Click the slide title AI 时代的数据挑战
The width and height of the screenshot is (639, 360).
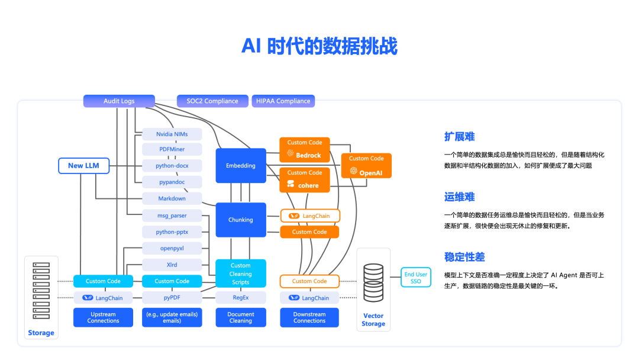point(319,46)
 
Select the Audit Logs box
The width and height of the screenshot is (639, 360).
point(119,101)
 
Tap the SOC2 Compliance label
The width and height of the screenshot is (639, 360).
point(212,101)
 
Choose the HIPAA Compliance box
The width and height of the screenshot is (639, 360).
point(283,101)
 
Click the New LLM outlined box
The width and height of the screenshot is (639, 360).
point(83,166)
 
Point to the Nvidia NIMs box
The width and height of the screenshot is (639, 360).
point(172,134)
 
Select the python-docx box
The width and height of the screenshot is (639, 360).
point(172,166)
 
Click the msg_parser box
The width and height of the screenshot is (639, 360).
point(172,216)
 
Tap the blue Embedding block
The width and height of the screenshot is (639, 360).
point(240,166)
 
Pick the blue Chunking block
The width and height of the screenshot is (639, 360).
point(240,220)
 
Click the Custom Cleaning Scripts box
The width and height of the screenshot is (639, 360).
point(240,274)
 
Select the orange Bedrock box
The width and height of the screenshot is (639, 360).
point(305,149)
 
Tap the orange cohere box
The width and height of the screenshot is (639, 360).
point(305,179)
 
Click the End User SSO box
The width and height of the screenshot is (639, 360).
point(416,278)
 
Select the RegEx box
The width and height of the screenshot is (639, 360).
point(240,298)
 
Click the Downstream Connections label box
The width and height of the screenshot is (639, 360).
point(309,317)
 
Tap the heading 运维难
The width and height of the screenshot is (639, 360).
point(459,197)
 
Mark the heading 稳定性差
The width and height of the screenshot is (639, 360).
point(464,257)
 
